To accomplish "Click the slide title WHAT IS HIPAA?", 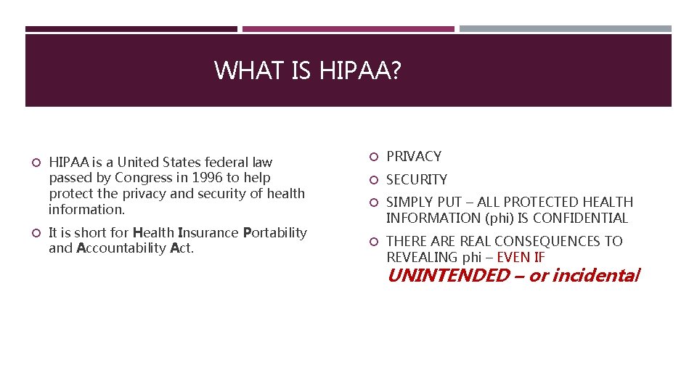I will tap(308, 70).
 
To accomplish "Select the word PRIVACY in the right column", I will tap(414, 156).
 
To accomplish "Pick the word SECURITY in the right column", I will tap(417, 179).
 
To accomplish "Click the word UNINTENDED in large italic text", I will tap(448, 276).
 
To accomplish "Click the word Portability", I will tap(274, 232).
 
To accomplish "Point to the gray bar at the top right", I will tap(566, 29).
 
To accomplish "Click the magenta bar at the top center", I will tap(348, 29).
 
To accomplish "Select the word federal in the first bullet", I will tap(227, 162).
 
